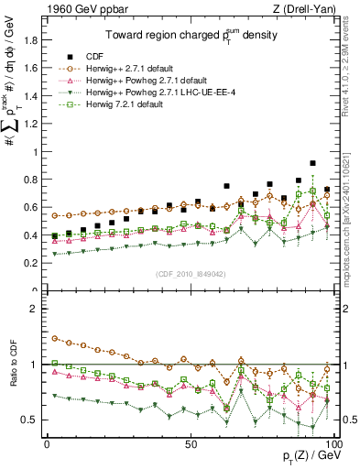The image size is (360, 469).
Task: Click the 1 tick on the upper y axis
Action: pos(34,152)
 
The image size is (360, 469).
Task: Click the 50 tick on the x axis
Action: pos(190,443)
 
